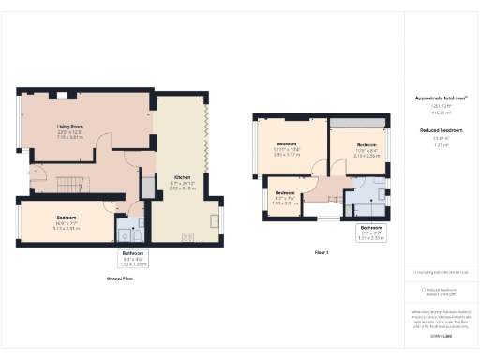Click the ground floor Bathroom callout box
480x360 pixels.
pos(132,256)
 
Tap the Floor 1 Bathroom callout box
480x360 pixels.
pos(371,232)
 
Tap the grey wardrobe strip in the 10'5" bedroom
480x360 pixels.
pos(356,124)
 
